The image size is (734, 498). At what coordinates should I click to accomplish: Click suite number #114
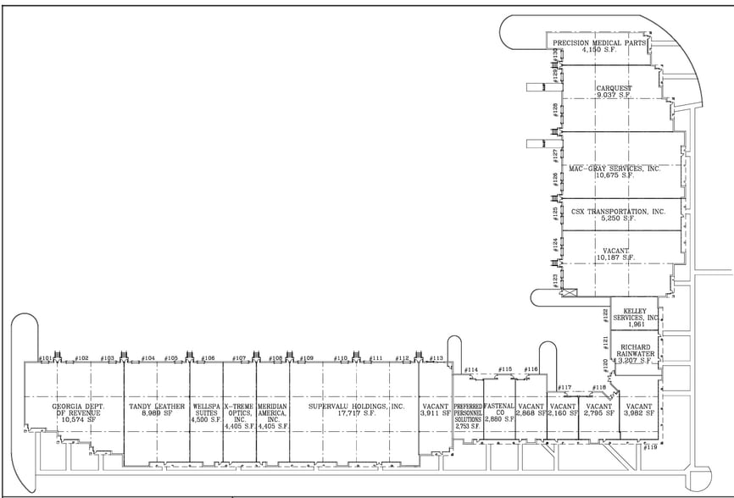(471, 370)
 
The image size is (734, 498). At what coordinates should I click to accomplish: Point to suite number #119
(650, 447)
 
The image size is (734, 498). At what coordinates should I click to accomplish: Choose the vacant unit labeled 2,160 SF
(563, 411)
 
